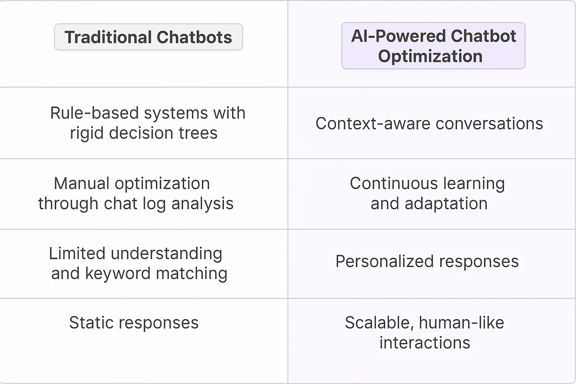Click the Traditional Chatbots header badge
[148, 37]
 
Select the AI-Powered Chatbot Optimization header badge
[433, 46]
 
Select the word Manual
[81, 183]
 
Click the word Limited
[77, 253]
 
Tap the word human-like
[461, 323]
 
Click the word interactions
[424, 343]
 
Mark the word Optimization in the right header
[430, 56]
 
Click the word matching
[191, 273]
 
